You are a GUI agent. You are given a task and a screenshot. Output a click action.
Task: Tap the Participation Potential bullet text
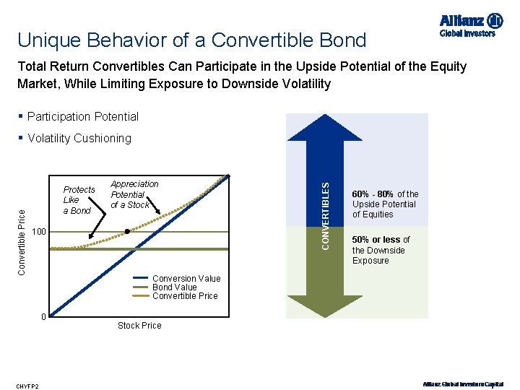point(82,116)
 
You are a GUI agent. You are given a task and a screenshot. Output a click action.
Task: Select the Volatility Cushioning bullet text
point(79,138)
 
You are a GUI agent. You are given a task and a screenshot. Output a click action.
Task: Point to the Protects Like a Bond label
point(79,200)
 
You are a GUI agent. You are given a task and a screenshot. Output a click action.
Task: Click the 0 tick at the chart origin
point(43,317)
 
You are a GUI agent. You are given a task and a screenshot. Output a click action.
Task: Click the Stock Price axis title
point(139,326)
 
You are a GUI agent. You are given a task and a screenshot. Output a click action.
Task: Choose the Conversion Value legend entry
point(186,279)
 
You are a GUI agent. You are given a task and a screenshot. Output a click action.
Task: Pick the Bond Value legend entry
point(175,287)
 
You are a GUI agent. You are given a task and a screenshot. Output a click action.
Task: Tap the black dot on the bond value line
point(127,232)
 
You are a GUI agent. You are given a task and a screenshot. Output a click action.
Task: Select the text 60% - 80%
point(373,194)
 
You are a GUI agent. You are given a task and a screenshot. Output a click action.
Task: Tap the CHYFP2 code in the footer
point(29,386)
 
